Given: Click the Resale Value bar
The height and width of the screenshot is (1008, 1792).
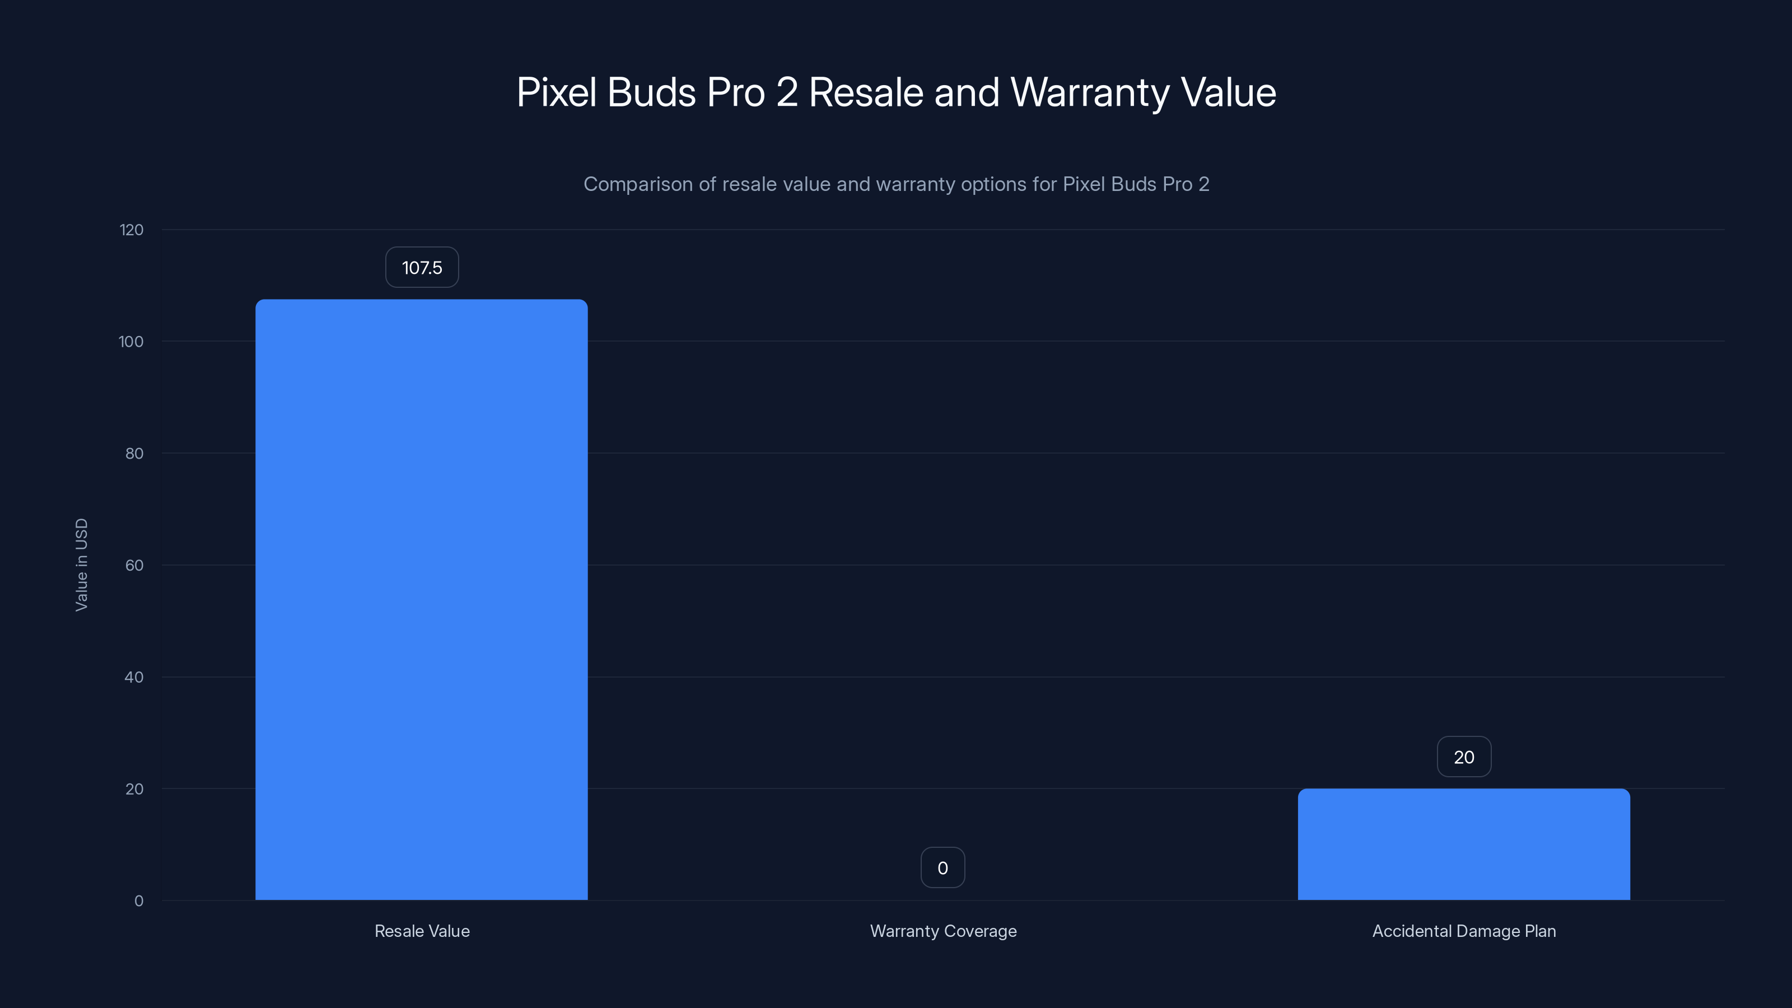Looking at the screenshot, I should click(x=421, y=600).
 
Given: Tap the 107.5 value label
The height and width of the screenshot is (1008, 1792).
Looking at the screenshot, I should click(x=422, y=268).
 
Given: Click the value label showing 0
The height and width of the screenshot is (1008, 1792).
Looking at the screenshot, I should click(x=942, y=867).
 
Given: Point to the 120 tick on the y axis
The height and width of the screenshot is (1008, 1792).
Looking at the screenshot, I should click(x=132, y=230).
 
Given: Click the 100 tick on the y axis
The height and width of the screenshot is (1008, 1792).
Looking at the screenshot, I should click(x=131, y=342).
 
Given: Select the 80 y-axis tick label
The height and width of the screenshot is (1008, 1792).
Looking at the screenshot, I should click(x=134, y=454).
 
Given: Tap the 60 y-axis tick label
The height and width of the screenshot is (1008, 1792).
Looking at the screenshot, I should click(x=134, y=566).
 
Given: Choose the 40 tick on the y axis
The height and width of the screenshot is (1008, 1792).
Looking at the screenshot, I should click(x=134, y=678).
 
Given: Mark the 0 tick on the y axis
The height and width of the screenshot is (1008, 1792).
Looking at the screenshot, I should click(x=138, y=901).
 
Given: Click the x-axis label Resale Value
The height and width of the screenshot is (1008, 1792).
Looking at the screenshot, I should click(x=422, y=931).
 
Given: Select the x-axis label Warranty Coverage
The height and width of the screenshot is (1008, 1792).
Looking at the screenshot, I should click(x=942, y=931).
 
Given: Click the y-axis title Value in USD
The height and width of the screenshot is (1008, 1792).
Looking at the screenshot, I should click(x=81, y=565).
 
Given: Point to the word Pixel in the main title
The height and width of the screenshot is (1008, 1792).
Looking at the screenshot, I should click(x=557, y=92).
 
